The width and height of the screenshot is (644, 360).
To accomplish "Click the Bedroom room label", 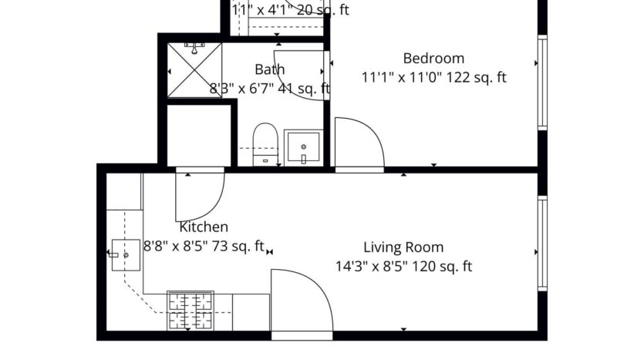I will tap(433, 59).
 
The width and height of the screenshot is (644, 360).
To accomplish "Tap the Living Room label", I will tap(403, 247).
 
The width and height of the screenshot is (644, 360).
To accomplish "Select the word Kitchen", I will tap(204, 227).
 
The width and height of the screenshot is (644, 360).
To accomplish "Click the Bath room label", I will tap(269, 70).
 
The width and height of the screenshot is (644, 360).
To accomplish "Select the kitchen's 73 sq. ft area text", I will tap(240, 247).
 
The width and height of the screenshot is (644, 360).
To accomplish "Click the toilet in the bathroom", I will tap(265, 143).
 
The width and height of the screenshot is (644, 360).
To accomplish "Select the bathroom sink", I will tap(303, 147).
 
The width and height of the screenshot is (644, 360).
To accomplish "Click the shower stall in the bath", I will tap(195, 69).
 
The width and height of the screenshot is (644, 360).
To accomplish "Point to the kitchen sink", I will tap(123, 254).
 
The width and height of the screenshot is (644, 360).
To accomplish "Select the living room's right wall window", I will tap(542, 244).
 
